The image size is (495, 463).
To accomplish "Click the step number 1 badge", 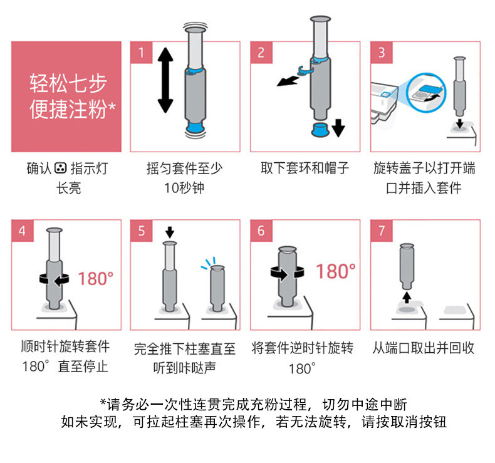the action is [x=142, y=53].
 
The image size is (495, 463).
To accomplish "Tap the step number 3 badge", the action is [x=382, y=53].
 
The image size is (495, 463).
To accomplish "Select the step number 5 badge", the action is [x=142, y=231].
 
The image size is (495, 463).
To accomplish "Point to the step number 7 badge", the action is [x=382, y=231].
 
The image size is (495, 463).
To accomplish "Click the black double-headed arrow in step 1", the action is [x=165, y=80].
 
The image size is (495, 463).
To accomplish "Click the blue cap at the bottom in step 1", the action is [x=195, y=128].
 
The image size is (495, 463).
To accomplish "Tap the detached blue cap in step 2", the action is [x=320, y=130].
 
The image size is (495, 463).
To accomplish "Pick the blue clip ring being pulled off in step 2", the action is [x=305, y=71].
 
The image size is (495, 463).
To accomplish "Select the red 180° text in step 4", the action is [x=95, y=279].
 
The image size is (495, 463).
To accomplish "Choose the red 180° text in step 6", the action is [x=336, y=271].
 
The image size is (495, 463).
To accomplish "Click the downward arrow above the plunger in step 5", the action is [x=170, y=232].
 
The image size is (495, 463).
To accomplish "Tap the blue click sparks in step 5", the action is [x=209, y=264].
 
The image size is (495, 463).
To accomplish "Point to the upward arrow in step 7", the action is [x=407, y=298].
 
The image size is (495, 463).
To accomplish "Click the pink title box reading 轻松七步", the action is [x=66, y=96].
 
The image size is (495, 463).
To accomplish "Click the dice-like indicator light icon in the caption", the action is [x=60, y=168].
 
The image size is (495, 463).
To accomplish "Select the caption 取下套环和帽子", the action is [x=305, y=168].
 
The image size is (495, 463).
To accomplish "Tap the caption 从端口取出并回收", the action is [x=424, y=348].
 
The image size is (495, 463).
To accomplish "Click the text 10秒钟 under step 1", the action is [x=184, y=188].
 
